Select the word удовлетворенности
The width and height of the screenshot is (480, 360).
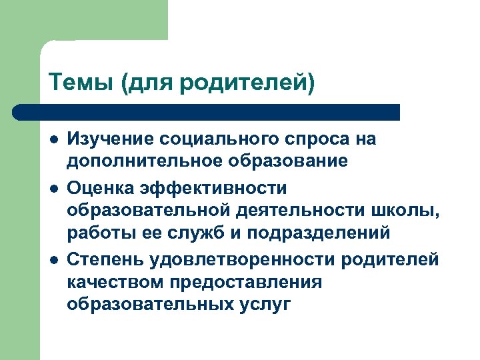pos(245,259)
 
